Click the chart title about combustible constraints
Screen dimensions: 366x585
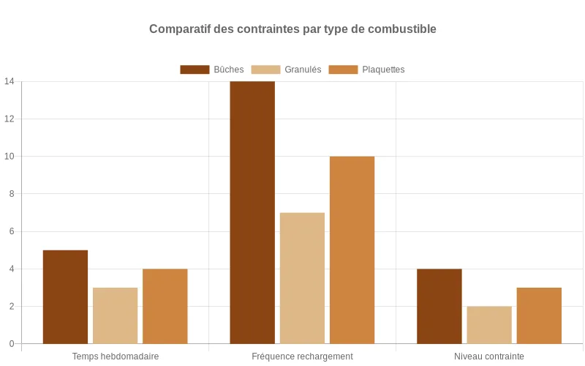point(292,29)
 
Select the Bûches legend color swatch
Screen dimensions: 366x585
point(195,70)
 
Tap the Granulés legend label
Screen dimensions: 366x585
point(303,70)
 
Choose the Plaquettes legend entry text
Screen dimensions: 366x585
point(383,70)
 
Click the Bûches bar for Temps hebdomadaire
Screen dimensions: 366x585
point(65,296)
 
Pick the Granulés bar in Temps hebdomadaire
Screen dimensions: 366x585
point(115,315)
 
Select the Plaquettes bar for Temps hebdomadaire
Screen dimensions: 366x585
point(165,306)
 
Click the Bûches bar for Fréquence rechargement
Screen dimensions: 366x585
point(252,212)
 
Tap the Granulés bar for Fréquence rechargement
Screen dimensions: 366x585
point(302,278)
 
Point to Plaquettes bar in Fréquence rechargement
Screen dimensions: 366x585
point(352,250)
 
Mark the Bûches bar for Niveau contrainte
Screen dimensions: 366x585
point(439,306)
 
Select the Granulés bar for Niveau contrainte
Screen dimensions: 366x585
point(489,325)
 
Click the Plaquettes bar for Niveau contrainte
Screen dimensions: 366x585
point(539,315)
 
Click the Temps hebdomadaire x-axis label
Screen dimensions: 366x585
point(116,356)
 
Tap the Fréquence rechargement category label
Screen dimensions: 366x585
point(302,356)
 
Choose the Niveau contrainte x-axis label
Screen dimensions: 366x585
point(489,356)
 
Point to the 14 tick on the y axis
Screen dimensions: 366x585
point(9,81)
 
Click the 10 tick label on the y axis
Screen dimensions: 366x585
point(9,156)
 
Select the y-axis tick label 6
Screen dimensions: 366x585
point(11,231)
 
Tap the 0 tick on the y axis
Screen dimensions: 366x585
point(11,343)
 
